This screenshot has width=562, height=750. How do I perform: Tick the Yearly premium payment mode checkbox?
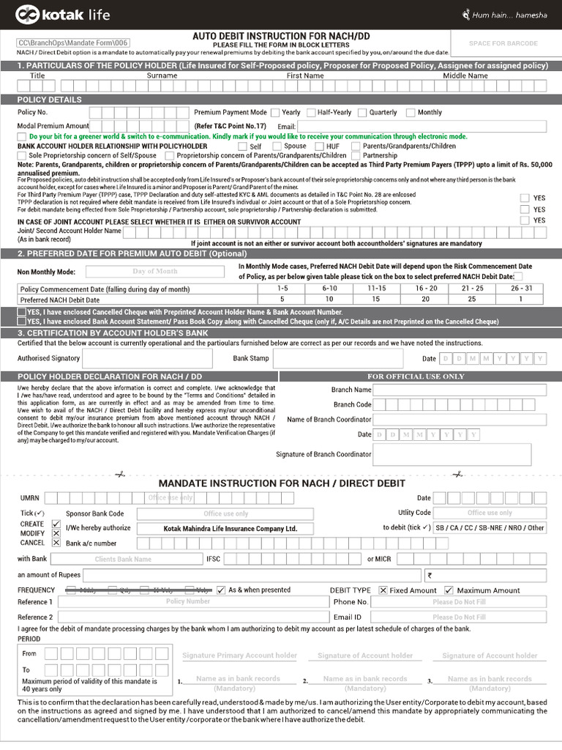pyautogui.click(x=275, y=113)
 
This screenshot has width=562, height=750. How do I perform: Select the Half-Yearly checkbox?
pyautogui.click(x=311, y=113)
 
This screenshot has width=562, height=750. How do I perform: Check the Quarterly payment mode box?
pyautogui.click(x=362, y=113)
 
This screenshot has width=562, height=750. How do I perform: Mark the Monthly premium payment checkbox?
pyautogui.click(x=411, y=113)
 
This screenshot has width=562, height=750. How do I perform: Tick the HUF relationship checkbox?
pyautogui.click(x=320, y=146)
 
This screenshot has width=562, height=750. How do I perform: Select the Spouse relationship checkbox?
pyautogui.click(x=277, y=146)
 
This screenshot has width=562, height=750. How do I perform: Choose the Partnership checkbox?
pyautogui.click(x=356, y=155)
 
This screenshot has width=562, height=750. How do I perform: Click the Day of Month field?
pyautogui.click(x=154, y=271)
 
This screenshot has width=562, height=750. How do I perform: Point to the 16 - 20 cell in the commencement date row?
pyautogui.click(x=426, y=289)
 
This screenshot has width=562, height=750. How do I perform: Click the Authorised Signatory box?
pyautogui.click(x=147, y=358)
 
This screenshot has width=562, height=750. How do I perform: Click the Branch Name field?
pyautogui.click(x=460, y=390)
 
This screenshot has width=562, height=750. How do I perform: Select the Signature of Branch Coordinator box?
pyautogui.click(x=460, y=454)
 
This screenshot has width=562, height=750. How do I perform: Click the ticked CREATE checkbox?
pyautogui.click(x=56, y=524)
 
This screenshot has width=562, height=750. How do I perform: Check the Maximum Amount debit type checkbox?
pyautogui.click(x=449, y=590)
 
